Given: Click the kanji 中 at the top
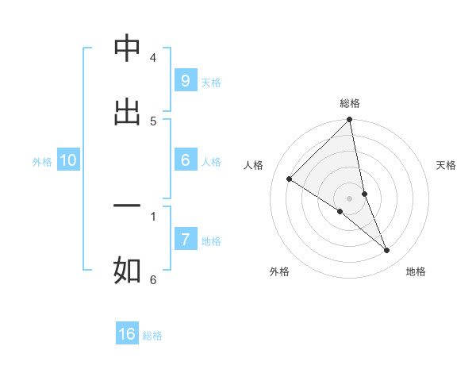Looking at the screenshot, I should tap(127, 49).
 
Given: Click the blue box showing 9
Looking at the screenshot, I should tap(185, 81).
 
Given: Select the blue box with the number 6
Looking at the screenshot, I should tap(185, 160).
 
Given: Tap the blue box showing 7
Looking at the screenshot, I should tap(185, 240).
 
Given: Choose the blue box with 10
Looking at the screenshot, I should tap(68, 160).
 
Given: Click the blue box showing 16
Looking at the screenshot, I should tap(127, 334).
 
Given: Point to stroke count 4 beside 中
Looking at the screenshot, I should tap(153, 58).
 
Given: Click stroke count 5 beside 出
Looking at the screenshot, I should tap(153, 121).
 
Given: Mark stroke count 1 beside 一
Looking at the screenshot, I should tap(153, 215).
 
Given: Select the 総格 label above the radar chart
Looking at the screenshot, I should tap(350, 103).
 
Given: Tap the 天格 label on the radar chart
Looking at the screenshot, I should tap(446, 165).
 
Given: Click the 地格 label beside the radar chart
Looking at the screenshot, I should tap(416, 271).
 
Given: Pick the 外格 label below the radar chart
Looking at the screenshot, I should tap(279, 271).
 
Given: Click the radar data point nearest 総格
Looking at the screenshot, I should tap(350, 121).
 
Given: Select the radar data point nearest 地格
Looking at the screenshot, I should tap(387, 251).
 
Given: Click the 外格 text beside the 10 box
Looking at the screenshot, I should tap(42, 161).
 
